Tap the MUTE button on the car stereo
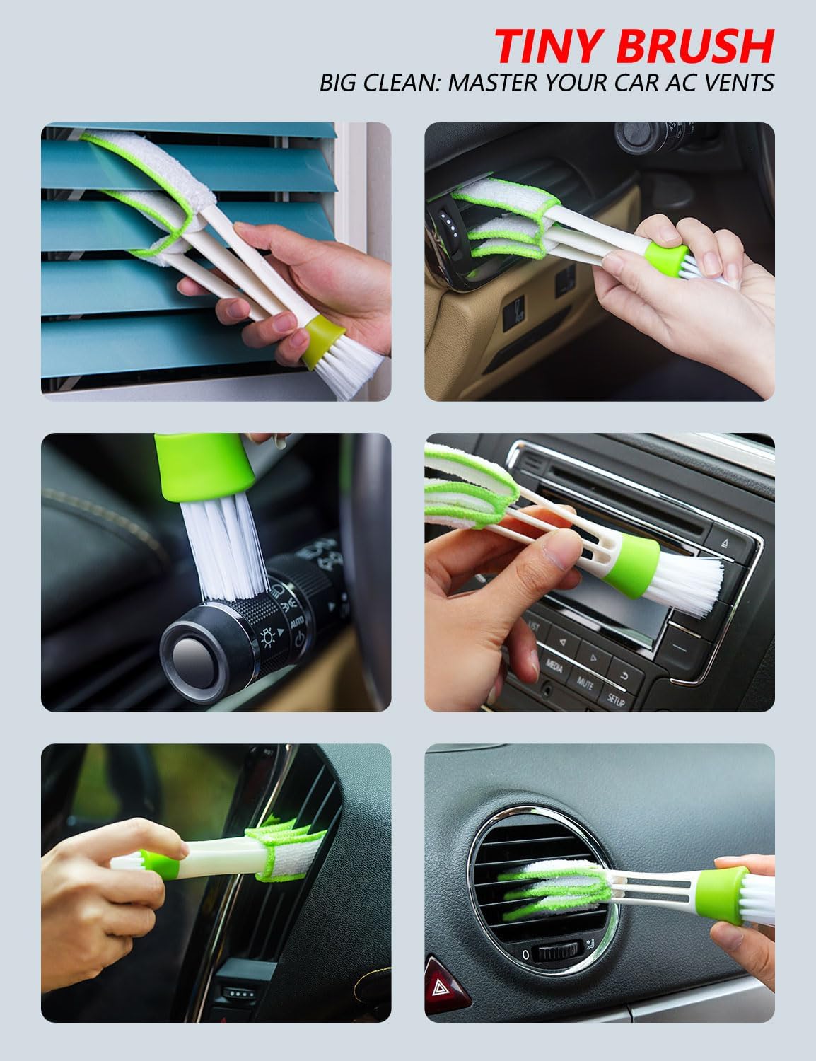pos(585,681)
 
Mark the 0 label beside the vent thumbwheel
pos(525,954)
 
